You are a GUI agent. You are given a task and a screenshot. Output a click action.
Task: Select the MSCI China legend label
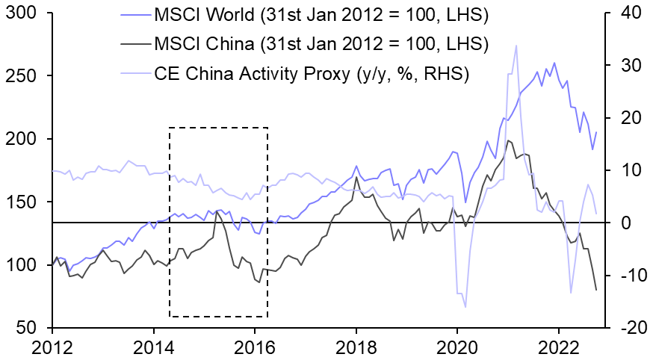(x=321, y=43)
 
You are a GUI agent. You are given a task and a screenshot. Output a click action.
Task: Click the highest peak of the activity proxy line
(x=516, y=46)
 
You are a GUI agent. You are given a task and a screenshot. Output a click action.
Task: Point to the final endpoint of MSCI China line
(x=596, y=290)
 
